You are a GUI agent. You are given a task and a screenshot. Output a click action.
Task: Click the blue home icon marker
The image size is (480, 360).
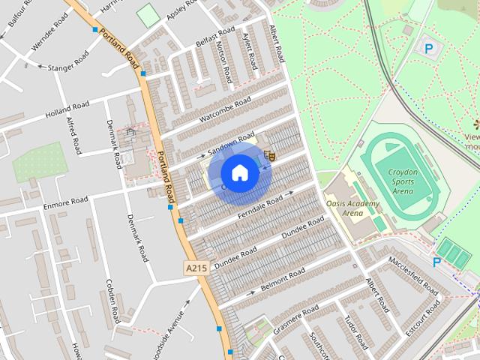[x=239, y=173]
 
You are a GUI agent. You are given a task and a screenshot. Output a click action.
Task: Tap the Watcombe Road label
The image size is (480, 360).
[x=224, y=111]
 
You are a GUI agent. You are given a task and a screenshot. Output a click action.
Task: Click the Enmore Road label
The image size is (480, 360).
[x=66, y=201]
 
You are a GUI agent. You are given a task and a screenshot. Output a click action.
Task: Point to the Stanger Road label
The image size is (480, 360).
[x=67, y=61]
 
